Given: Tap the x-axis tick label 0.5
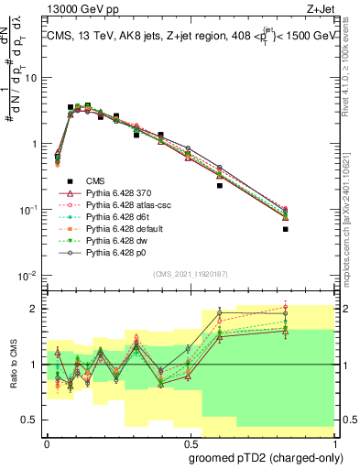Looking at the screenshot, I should click(x=190, y=442).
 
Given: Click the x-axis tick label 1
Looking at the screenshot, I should click(x=333, y=442).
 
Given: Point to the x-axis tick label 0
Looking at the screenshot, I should click(x=47, y=442).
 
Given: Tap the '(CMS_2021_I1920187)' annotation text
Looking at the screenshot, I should click(x=191, y=274).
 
